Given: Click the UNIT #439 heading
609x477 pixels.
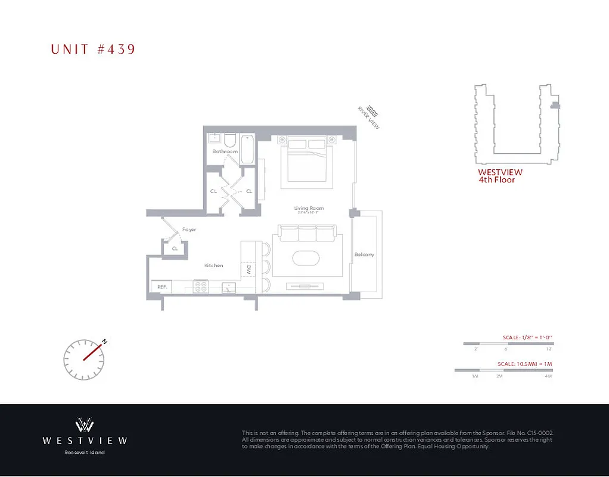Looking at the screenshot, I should (x=93, y=49).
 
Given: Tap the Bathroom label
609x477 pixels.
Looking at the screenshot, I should (x=225, y=151).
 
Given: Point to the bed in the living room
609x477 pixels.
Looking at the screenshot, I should (x=308, y=160).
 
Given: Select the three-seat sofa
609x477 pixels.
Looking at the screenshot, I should (x=307, y=233).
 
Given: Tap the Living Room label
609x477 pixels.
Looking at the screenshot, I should (x=309, y=208).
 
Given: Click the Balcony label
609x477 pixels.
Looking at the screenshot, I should (x=364, y=255).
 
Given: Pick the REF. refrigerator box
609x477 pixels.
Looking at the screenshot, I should (x=161, y=287).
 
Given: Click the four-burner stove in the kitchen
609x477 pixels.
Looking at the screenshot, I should (x=200, y=287).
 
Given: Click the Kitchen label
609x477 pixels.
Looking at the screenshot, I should (x=213, y=265).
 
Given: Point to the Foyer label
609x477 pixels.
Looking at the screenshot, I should (x=189, y=230).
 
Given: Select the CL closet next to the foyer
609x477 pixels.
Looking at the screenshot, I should (x=175, y=248).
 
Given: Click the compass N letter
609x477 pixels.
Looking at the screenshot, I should (x=104, y=342).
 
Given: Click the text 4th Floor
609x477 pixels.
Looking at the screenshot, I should (x=496, y=179).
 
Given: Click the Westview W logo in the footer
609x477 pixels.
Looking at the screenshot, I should (x=85, y=425).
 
